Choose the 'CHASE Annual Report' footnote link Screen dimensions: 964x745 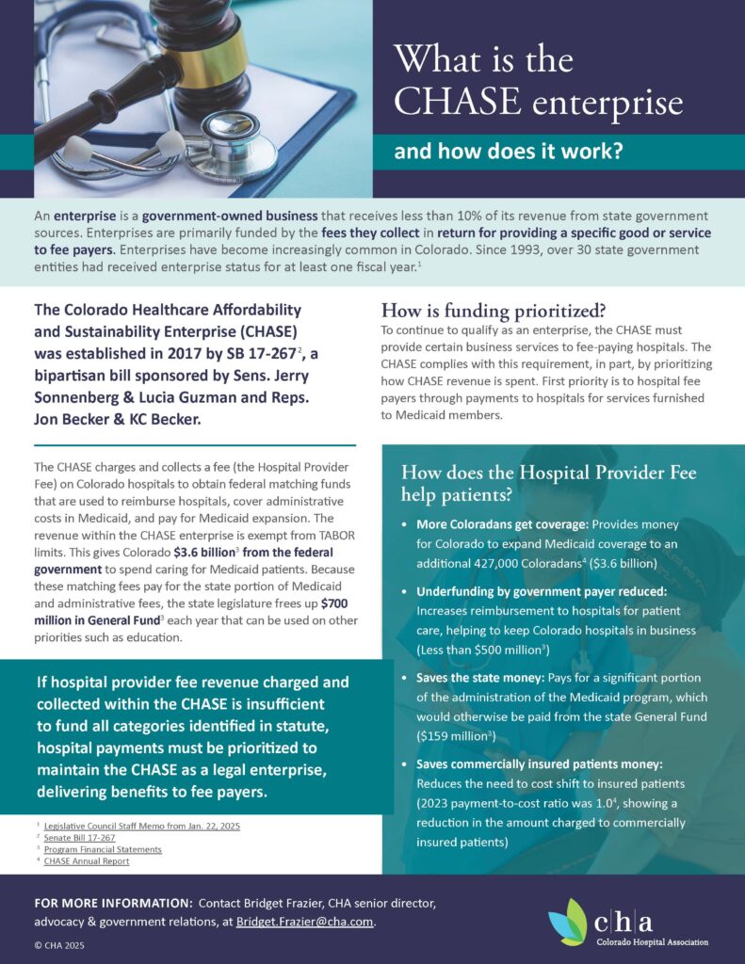click(x=87, y=860)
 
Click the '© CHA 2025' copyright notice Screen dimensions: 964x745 click(x=59, y=943)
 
